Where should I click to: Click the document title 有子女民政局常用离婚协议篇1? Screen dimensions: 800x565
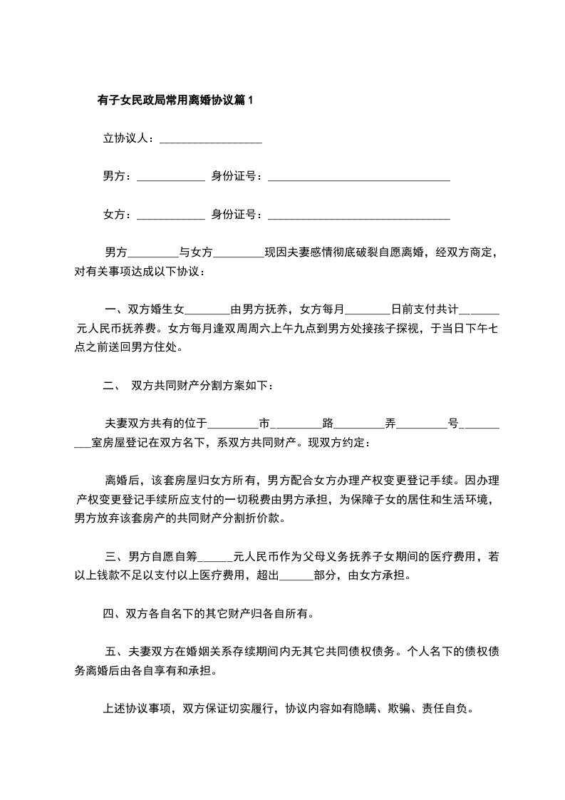point(175,101)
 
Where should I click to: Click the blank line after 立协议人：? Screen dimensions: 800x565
point(211,139)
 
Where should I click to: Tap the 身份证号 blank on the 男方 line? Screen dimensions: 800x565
point(358,176)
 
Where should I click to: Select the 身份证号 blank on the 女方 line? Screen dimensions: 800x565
point(358,214)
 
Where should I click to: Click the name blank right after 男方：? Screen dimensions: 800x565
point(170,176)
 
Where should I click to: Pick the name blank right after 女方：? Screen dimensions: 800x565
point(170,214)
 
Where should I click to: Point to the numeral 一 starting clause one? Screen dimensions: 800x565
point(110,310)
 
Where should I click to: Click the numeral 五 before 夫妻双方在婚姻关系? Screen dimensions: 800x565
point(110,651)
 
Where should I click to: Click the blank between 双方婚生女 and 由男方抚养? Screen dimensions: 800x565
point(207,310)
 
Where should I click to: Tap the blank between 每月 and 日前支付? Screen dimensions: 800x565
point(368,310)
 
